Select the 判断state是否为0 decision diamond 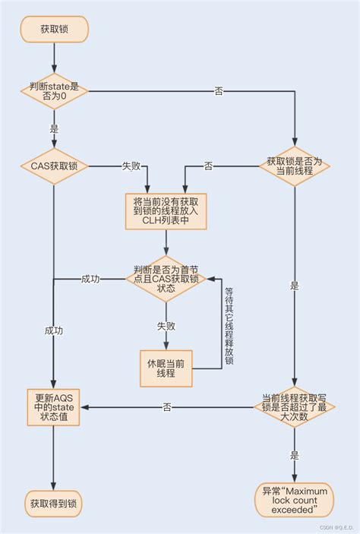pyautogui.click(x=54, y=90)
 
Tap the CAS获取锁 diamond pyautogui.click(x=54, y=166)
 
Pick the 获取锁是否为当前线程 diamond pyautogui.click(x=295, y=166)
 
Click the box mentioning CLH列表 pyautogui.click(x=166, y=210)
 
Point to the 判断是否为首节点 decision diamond pyautogui.click(x=166, y=278)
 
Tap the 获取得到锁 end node pyautogui.click(x=54, y=503)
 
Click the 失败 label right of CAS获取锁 pyautogui.click(x=131, y=166)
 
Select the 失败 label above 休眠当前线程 pyautogui.click(x=166, y=326)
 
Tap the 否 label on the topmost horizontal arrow pyautogui.click(x=219, y=90)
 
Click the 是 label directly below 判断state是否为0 pyautogui.click(x=54, y=129)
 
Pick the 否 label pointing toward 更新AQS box pyautogui.click(x=166, y=407)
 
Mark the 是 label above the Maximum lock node pyautogui.click(x=295, y=455)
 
